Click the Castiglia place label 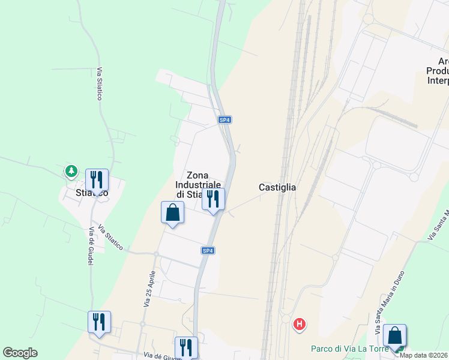click(x=277, y=187)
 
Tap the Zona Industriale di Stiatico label click(x=197, y=184)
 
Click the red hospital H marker click(x=299, y=325)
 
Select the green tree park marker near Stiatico click(x=71, y=172)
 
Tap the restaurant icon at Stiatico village click(x=97, y=179)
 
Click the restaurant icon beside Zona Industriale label click(x=213, y=199)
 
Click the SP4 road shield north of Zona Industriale click(x=224, y=120)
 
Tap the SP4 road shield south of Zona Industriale click(x=208, y=250)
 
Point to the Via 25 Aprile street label click(x=149, y=288)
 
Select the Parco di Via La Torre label click(x=348, y=349)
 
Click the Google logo click(x=20, y=353)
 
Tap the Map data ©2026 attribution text click(x=424, y=355)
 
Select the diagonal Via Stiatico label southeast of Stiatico click(x=110, y=238)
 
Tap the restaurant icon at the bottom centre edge click(x=186, y=347)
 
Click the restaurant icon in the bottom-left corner click(x=99, y=322)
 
